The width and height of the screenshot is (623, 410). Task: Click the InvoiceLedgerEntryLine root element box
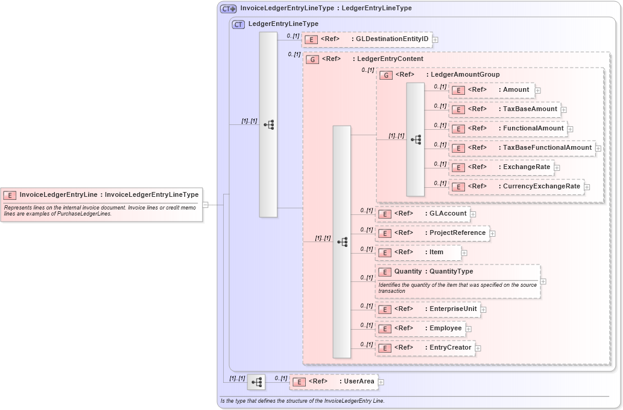[101, 195]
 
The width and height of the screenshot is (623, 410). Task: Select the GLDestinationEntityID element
[367, 39]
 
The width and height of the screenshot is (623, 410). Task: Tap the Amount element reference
[492, 90]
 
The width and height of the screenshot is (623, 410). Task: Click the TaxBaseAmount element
[505, 109]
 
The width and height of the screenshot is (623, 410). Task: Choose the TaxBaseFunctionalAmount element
[522, 148]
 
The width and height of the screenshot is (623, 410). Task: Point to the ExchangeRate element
[502, 167]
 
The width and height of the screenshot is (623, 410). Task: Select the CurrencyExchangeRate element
[517, 187]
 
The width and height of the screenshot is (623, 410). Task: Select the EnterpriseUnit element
[428, 309]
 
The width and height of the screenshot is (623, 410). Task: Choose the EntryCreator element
[425, 348]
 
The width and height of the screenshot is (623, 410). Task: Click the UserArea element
[333, 382]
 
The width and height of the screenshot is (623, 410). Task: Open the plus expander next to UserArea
[381, 382]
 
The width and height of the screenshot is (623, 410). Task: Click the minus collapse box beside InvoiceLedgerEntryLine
[205, 205]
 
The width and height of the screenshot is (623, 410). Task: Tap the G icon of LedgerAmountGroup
[386, 75]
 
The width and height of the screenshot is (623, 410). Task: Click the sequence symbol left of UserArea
[256, 382]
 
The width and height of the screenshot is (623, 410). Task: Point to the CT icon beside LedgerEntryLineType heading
[238, 24]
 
